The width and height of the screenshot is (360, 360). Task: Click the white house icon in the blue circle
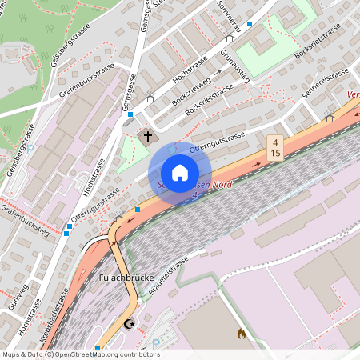(x=179, y=173)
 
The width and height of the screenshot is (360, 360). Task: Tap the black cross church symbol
(x=146, y=136)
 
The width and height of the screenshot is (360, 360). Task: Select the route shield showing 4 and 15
(x=274, y=147)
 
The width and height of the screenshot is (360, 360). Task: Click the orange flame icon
(x=242, y=333)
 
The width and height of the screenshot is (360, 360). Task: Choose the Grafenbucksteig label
(x=24, y=222)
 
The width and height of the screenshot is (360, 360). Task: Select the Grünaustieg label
(x=234, y=66)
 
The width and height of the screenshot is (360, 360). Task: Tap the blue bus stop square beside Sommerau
(x=250, y=24)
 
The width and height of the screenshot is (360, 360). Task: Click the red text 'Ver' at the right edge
(x=352, y=94)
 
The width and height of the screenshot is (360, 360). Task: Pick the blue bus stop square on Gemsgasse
(x=130, y=114)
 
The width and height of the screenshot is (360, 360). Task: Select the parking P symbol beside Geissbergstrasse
(x=30, y=148)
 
